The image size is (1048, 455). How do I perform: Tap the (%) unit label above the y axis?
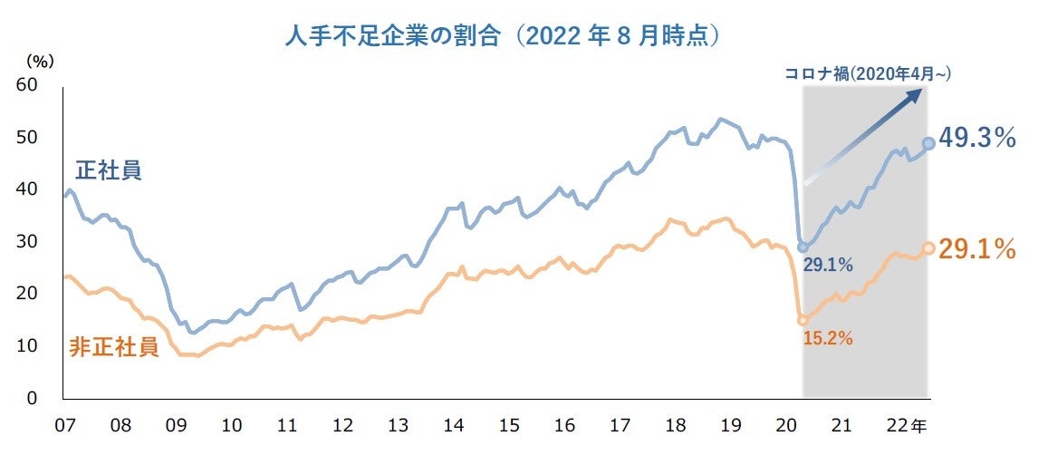pos(40,62)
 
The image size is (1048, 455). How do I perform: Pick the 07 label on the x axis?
pos(63,425)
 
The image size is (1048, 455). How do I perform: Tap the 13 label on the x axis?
pos(398,425)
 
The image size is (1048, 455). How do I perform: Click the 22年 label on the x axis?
pos(905,425)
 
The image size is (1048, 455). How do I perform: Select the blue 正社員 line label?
pos(107,170)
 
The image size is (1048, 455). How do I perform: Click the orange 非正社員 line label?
pos(114,347)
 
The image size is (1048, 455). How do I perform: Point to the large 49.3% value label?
pos(977,139)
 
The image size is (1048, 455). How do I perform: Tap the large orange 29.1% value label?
pos(977,249)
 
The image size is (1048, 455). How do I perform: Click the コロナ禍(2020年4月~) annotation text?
pos(867,74)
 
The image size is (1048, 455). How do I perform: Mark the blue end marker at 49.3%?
pos(928,143)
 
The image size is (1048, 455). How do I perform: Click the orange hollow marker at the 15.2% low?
pos(803,320)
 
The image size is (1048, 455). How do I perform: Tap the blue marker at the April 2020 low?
pos(803,247)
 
